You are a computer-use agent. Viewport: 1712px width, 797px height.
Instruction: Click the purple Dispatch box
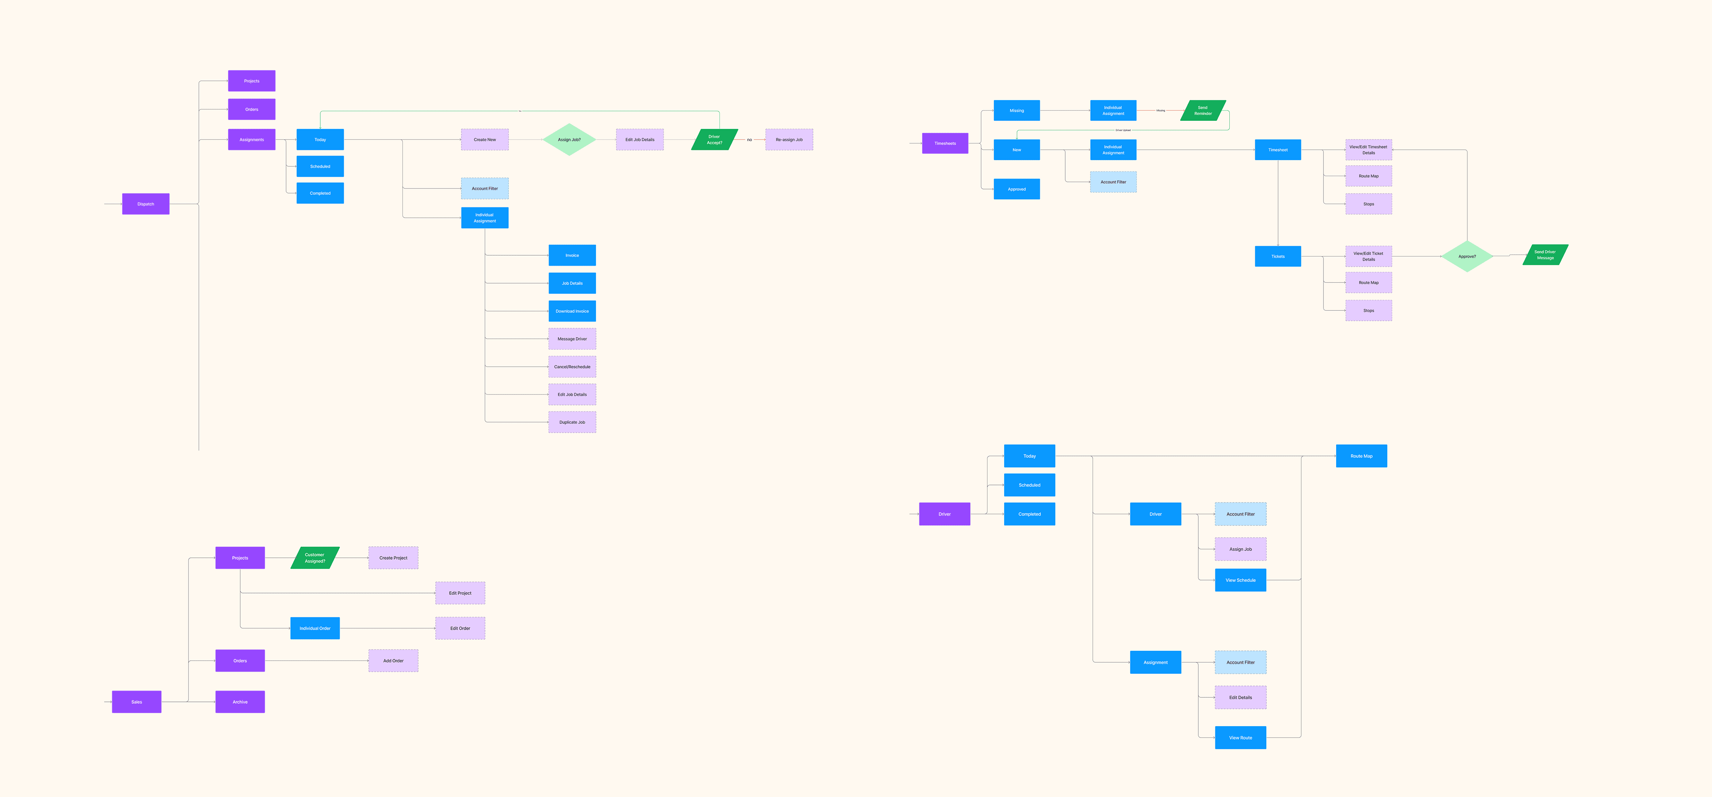coord(146,204)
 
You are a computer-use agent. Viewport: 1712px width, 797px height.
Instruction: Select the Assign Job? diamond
coord(569,139)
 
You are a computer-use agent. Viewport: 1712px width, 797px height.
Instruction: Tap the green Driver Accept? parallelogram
coord(715,139)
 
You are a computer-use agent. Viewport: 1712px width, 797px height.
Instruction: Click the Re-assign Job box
coord(789,139)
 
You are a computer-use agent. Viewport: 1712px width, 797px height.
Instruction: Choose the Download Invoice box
coord(572,311)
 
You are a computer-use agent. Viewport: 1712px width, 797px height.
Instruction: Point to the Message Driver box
coord(572,339)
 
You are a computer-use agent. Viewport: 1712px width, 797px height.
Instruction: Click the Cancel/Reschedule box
coord(572,367)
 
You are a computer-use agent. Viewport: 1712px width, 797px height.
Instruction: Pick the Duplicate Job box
coord(572,422)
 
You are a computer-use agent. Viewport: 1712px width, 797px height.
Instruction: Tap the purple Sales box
coord(136,702)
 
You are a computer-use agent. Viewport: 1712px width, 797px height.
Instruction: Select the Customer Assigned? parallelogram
coord(315,557)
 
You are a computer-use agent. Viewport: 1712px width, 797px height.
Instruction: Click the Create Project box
coord(393,557)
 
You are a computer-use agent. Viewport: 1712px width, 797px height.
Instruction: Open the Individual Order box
coord(314,628)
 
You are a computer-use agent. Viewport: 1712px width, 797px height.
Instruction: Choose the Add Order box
coord(393,661)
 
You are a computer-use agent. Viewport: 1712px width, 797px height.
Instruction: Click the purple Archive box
coord(240,702)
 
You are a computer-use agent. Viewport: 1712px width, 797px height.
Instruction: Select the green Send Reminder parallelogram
coord(1203,111)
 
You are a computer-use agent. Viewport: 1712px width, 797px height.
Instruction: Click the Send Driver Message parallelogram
coord(1545,254)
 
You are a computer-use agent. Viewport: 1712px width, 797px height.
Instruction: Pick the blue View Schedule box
coord(1240,580)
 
